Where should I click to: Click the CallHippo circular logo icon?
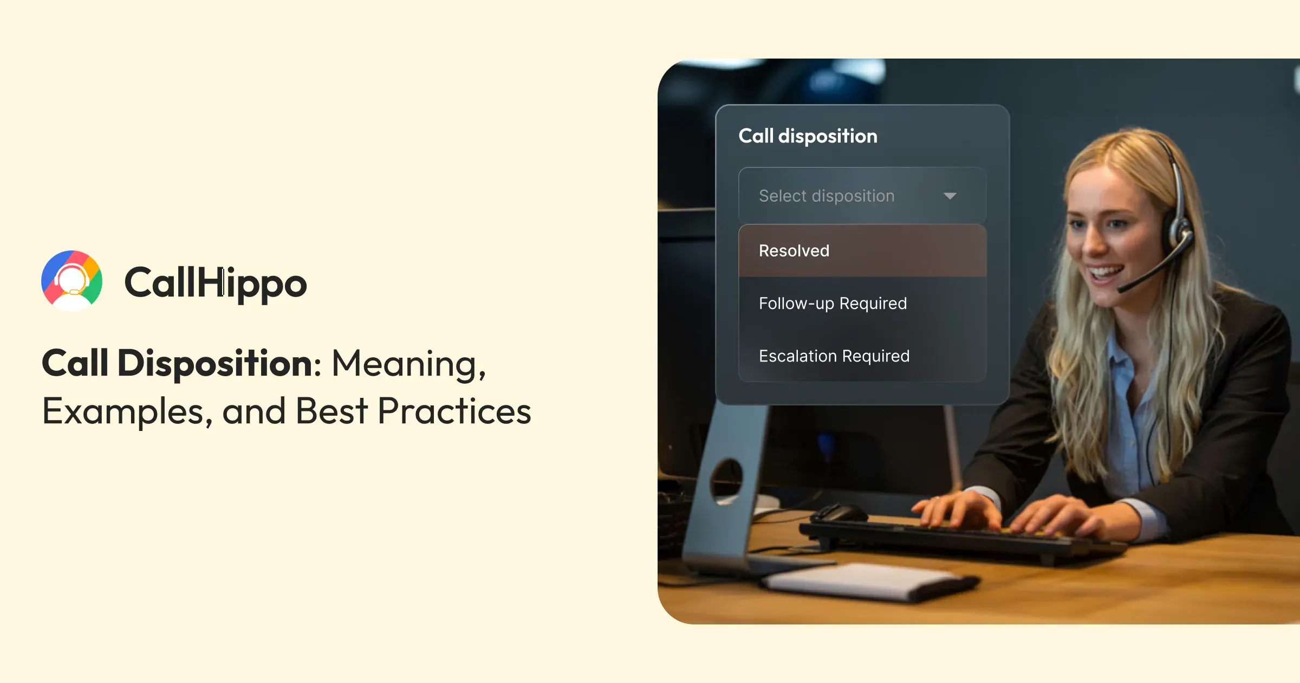coord(72,280)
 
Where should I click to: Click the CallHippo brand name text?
coord(216,282)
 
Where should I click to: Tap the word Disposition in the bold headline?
coord(215,363)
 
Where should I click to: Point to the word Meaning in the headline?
coord(408,363)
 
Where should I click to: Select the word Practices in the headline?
coord(454,411)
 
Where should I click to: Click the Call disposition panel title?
coord(808,136)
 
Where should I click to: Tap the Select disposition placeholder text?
coord(827,196)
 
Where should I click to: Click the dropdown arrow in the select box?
coord(950,196)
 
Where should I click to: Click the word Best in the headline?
coord(331,411)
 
